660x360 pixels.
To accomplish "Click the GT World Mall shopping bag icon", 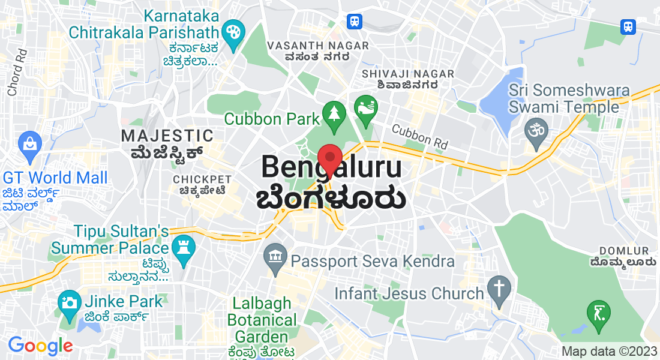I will coord(28,143).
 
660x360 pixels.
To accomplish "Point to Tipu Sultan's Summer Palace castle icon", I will coord(181,246).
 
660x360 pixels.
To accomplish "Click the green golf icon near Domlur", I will coord(599,313).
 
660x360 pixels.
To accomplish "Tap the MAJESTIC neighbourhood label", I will coord(167,136).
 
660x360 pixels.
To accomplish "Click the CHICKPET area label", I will coord(202,179).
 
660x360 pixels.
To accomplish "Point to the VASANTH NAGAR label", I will coord(308,46).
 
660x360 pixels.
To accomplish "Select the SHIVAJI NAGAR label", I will coord(400,73).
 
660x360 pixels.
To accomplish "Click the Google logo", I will coord(40,346).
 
